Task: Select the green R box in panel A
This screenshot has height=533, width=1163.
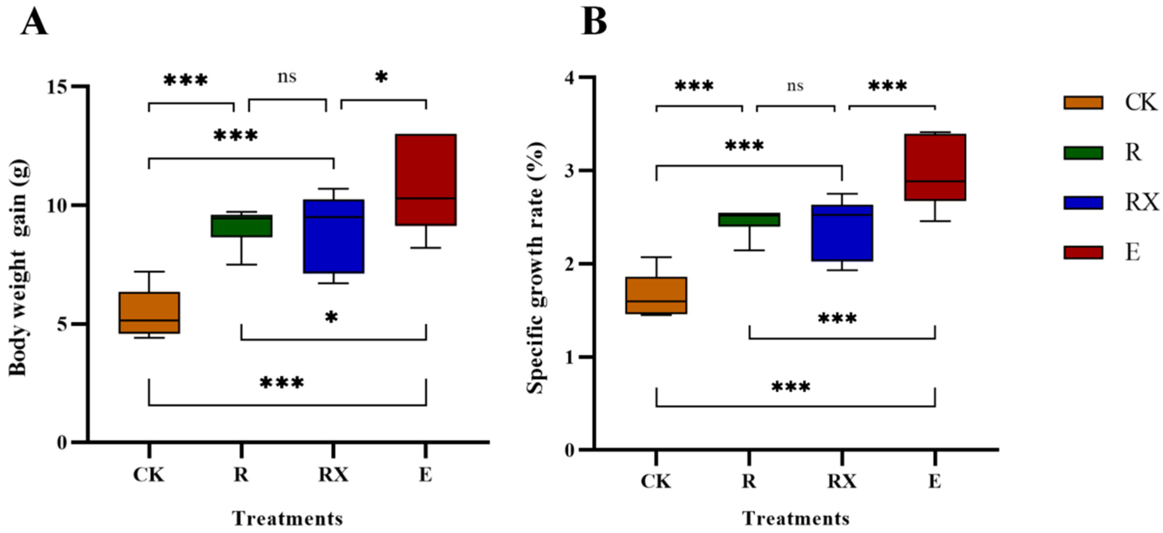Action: point(242,226)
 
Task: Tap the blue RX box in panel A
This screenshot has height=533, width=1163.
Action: point(334,236)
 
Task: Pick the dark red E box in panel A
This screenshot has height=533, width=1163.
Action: point(426,180)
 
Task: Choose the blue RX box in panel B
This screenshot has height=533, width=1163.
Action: point(842,233)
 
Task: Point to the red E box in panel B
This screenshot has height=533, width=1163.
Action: point(935,167)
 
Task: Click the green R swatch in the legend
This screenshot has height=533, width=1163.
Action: point(1083,153)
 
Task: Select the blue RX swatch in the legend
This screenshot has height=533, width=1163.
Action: point(1083,203)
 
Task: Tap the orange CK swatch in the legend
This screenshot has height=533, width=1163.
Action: point(1083,103)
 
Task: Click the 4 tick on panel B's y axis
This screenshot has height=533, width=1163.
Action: point(571,77)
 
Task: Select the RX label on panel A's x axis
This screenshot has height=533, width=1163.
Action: point(334,474)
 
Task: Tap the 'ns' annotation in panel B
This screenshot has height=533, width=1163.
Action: point(795,86)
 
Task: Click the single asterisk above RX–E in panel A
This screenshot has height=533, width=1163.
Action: point(382,77)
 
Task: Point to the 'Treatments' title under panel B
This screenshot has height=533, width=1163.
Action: point(796,519)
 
